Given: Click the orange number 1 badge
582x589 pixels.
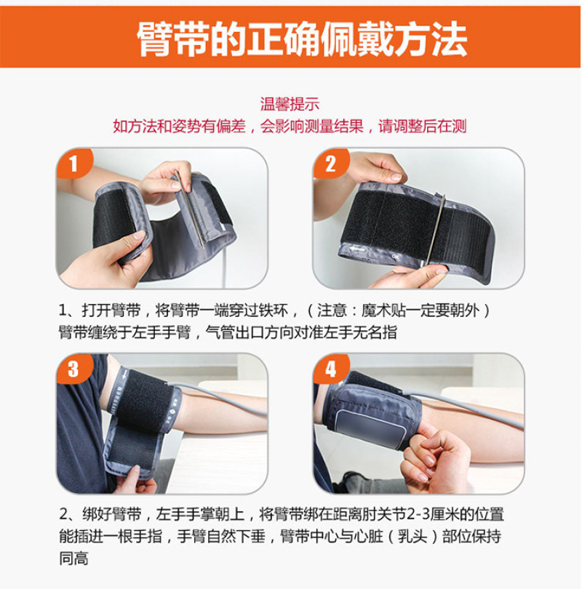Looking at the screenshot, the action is [74, 164].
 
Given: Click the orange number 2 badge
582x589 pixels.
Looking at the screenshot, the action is [330, 164].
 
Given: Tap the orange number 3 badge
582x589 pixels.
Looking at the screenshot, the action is [74, 369].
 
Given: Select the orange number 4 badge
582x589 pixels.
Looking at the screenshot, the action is [330, 369].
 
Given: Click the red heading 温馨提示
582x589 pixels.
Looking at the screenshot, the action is [290, 104].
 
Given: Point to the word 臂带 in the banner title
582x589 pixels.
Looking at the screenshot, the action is [173, 39].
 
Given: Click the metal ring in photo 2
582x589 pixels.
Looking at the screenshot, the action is [435, 230].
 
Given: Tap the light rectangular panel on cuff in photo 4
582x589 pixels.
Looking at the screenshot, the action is [371, 428].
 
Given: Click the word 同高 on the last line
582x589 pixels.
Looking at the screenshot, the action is [73, 558].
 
